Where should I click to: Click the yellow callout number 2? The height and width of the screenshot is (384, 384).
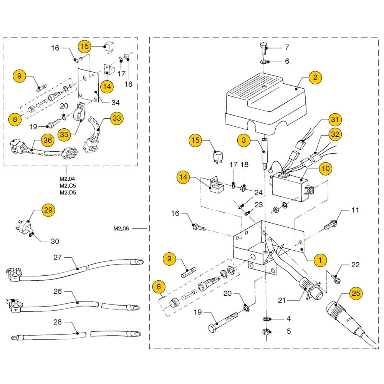(x=315, y=78)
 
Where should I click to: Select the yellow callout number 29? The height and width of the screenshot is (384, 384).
(x=48, y=210)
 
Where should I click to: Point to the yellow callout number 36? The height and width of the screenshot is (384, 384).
(x=48, y=141)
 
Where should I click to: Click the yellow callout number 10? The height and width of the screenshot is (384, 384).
(x=326, y=168)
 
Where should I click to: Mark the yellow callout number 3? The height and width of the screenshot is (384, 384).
(x=243, y=140)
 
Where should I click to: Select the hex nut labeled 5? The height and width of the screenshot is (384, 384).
(x=265, y=331)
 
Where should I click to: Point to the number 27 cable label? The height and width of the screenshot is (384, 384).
(x=58, y=258)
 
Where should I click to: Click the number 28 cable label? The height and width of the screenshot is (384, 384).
(x=58, y=322)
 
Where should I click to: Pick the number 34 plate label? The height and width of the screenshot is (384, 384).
(x=116, y=103)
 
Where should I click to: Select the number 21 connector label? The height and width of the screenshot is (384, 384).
(x=282, y=300)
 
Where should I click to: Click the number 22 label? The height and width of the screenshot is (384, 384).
(x=355, y=265)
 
